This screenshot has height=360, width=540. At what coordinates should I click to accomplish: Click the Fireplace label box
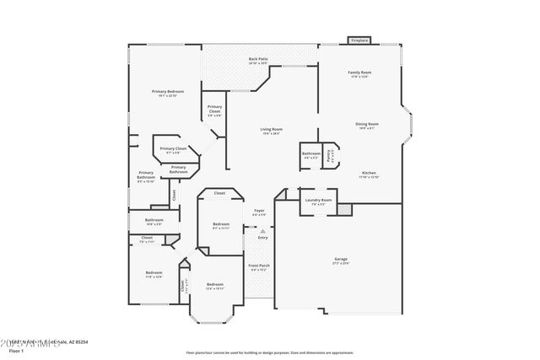pos(359,40)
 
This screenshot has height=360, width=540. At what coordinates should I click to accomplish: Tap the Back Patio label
pos(258,61)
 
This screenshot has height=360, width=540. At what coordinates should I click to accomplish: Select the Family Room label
pos(360,74)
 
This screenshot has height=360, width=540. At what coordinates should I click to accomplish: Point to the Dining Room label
pos(366,126)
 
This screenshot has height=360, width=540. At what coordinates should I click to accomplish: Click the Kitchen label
pos(369,175)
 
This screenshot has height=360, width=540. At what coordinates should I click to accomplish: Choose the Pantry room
pos(333,154)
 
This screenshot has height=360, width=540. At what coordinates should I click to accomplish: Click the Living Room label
pos(272,132)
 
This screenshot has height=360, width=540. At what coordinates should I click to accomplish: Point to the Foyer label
pos(259,212)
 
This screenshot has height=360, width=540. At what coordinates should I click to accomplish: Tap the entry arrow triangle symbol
pos(262,229)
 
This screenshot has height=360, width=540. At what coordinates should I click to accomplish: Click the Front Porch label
pos(259,267)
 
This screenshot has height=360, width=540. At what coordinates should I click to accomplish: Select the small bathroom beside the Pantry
pos(310,154)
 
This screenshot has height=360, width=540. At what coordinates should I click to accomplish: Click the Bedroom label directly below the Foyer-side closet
pos(220,225)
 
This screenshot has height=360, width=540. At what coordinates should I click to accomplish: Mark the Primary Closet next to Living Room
pos(214,110)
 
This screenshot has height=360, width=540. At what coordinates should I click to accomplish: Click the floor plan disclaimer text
pos(270,353)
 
